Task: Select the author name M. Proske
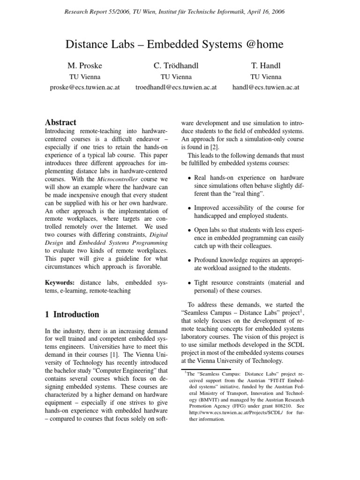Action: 84,65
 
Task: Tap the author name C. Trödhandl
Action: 176,65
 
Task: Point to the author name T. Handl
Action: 266,65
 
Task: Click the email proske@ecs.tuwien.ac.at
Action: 84,87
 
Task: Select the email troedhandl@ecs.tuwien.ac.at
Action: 176,87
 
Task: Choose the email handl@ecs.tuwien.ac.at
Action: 266,87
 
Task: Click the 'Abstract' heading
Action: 60,122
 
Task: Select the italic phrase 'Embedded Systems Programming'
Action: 123,242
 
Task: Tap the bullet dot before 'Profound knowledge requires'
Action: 189,260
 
